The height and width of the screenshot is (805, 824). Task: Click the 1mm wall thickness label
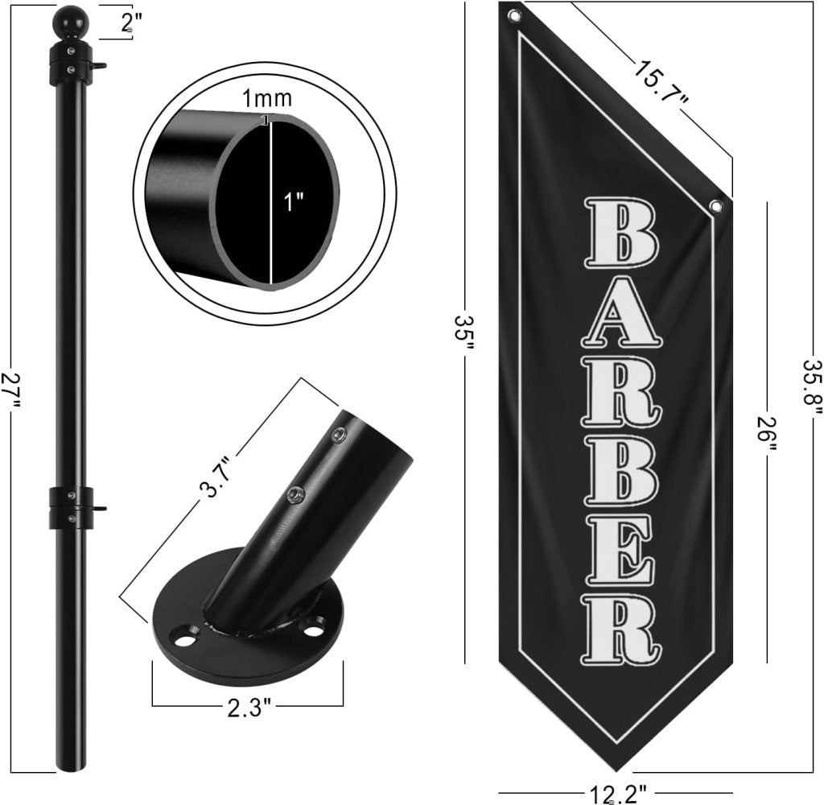point(266,97)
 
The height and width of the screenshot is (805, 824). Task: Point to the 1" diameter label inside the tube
point(294,202)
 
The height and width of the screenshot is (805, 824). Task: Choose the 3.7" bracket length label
point(216,481)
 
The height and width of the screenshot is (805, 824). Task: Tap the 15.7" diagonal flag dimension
point(661,83)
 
